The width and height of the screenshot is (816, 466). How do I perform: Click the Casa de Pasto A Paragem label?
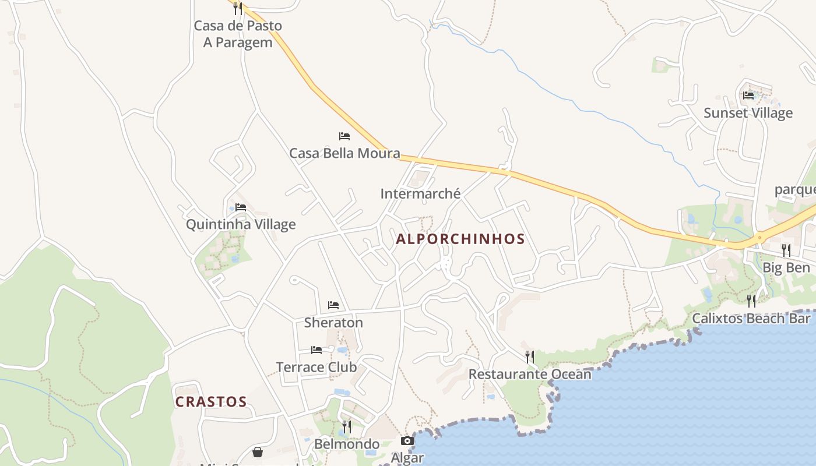pyautogui.click(x=238, y=34)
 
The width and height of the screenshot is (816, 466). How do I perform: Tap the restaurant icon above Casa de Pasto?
pyautogui.click(x=237, y=8)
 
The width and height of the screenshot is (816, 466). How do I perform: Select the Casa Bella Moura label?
pyautogui.click(x=344, y=153)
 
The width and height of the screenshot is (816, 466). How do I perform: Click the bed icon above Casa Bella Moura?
pyautogui.click(x=344, y=136)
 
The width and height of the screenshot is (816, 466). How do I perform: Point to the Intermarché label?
pyautogui.click(x=420, y=193)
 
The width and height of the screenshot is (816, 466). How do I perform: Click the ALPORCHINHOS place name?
pyautogui.click(x=460, y=239)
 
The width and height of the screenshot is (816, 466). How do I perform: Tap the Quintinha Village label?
pyautogui.click(x=241, y=224)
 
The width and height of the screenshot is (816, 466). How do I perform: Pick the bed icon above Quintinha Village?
pyautogui.click(x=241, y=207)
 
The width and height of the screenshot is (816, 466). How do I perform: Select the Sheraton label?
pyautogui.click(x=333, y=322)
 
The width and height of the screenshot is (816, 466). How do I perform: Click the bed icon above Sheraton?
pyautogui.click(x=333, y=305)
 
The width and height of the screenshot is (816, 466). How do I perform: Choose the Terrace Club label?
pyautogui.click(x=316, y=367)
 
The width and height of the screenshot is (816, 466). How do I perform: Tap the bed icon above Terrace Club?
pyautogui.click(x=316, y=350)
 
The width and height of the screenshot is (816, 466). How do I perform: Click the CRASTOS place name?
pyautogui.click(x=211, y=402)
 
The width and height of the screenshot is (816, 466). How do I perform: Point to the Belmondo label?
pyautogui.click(x=347, y=444)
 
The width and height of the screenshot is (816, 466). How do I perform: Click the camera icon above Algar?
pyautogui.click(x=407, y=440)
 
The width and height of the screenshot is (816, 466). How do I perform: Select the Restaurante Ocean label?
pyautogui.click(x=530, y=374)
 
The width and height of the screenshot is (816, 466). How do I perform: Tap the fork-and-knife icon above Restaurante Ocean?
pyautogui.click(x=530, y=356)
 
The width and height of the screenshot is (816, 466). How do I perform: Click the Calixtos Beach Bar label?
pyautogui.click(x=751, y=319)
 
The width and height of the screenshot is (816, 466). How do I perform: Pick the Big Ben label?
pyautogui.click(x=786, y=268)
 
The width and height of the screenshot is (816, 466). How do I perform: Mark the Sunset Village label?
pyautogui.click(x=748, y=113)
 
